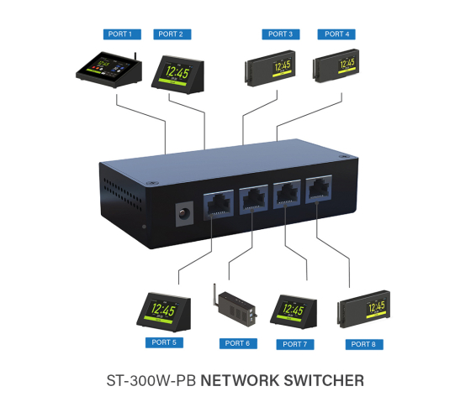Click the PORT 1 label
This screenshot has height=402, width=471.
coord(119,34)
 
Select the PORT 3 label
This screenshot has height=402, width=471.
coord(278,34)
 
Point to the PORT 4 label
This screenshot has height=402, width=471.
coord(336,34)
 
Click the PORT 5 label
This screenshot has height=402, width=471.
coord(161,342)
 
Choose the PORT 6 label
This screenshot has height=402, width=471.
coord(237,343)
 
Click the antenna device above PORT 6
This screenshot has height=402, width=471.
coord(235,308)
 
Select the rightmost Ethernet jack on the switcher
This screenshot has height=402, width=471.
coord(319,191)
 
